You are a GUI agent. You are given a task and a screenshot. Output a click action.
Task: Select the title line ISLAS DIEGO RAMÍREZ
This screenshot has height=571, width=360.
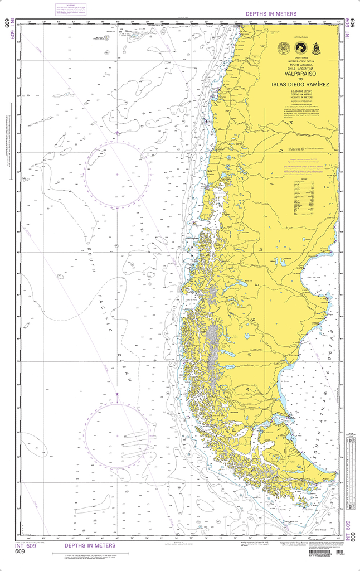(x=301, y=84)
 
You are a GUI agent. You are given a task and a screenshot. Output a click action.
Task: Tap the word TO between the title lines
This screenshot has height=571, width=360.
(x=301, y=79)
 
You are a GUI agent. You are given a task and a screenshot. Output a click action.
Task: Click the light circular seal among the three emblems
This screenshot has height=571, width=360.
(x=284, y=49)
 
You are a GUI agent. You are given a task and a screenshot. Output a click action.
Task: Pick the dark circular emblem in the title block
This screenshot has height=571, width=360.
(x=301, y=49)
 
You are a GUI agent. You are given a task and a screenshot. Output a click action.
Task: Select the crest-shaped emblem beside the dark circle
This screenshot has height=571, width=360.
(x=317, y=49)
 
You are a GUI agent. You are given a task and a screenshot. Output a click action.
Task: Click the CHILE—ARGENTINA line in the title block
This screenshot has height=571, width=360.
(x=301, y=67)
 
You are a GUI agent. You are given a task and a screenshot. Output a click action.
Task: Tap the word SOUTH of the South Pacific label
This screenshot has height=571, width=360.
(x=91, y=262)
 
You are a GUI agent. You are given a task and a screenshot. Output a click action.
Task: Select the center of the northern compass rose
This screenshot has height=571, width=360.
(x=117, y=175)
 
